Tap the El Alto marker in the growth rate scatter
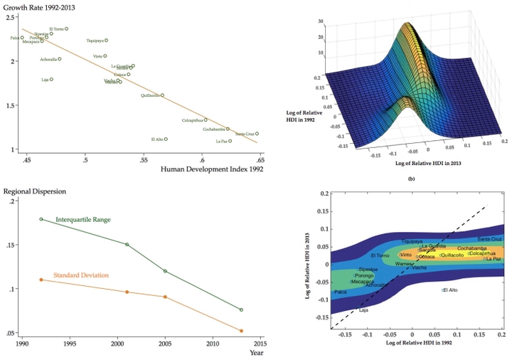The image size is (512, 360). point(166,139)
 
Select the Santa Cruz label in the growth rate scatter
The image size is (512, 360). point(245,134)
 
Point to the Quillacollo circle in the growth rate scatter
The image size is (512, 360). point(162,95)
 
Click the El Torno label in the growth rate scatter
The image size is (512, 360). point(56,29)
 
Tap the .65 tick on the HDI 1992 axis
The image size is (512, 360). point(260,161)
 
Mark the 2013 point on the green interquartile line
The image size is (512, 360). point(241,310)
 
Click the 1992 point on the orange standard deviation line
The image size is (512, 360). point(41,280)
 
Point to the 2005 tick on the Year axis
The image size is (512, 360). point(165,344)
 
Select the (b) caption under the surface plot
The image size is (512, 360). point(411,179)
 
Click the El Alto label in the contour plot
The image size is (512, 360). point(449,290)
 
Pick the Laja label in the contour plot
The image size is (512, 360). point(363,311)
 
